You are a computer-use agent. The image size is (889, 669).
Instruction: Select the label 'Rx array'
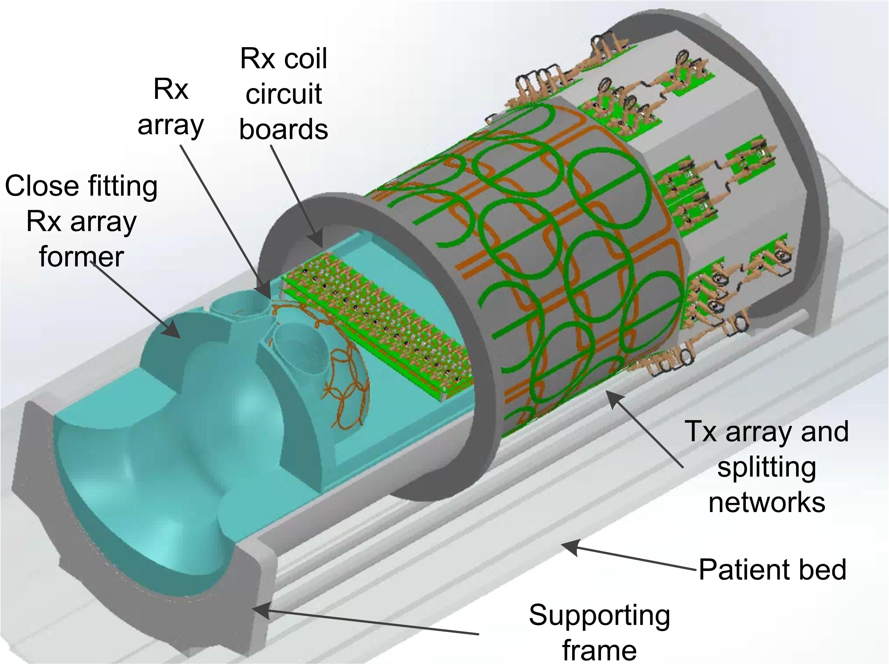click(x=171, y=107)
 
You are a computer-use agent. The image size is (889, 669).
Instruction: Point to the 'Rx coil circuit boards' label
click(x=283, y=94)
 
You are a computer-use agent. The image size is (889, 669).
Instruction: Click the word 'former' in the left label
click(x=81, y=257)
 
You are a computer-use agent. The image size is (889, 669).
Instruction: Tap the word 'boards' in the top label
click(x=283, y=129)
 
